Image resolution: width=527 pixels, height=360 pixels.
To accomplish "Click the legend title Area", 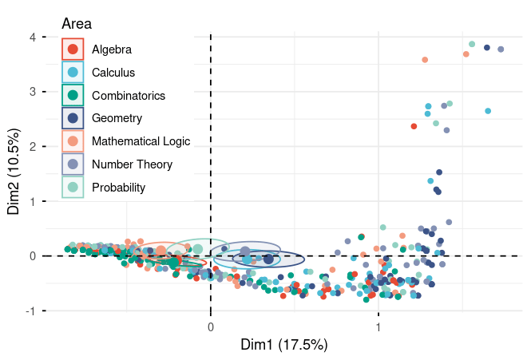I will click(x=77, y=25).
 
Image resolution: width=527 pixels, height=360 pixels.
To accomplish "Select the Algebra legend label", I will click(x=112, y=49).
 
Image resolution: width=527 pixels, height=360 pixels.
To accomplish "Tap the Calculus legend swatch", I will click(x=73, y=73).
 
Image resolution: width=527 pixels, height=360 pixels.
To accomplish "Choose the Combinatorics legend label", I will click(x=129, y=96).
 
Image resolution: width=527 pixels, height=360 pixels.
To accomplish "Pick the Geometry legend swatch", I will click(x=73, y=119).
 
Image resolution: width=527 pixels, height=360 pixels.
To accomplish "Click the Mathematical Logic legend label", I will click(x=141, y=142).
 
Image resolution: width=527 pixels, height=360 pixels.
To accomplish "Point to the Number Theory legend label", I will click(x=132, y=165).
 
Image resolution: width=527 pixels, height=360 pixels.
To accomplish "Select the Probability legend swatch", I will click(x=73, y=188).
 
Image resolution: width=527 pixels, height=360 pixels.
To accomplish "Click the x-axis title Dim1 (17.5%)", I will click(x=284, y=345).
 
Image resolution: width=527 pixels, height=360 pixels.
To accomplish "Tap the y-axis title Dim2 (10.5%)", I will click(x=14, y=172).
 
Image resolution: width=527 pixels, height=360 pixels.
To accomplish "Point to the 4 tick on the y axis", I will click(x=32, y=37).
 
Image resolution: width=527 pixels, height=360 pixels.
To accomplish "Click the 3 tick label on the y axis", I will click(x=32, y=92).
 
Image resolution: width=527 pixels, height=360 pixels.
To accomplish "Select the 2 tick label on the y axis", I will click(x=32, y=146).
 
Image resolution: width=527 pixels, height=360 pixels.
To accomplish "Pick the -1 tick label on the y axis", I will click(x=30, y=311).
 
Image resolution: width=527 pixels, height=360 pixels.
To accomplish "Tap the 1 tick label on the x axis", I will click(x=378, y=326).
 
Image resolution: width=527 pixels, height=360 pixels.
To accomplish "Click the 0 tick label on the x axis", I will click(x=210, y=326).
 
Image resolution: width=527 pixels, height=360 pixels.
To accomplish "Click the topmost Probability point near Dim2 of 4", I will click(x=472, y=45).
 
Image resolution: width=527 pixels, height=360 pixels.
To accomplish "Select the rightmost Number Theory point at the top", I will click(x=501, y=49).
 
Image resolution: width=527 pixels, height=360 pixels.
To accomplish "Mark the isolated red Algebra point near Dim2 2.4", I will click(x=414, y=126).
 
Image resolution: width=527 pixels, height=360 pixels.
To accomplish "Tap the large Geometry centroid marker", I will click(x=268, y=259).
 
